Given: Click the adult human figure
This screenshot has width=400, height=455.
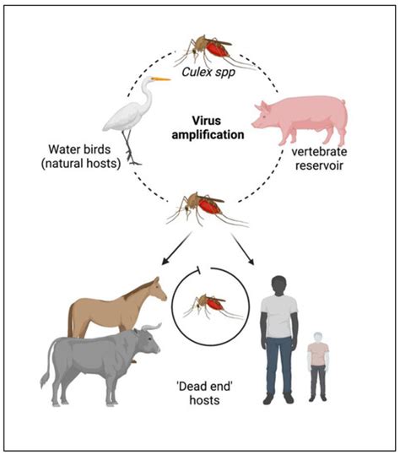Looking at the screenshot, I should click(x=278, y=333).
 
